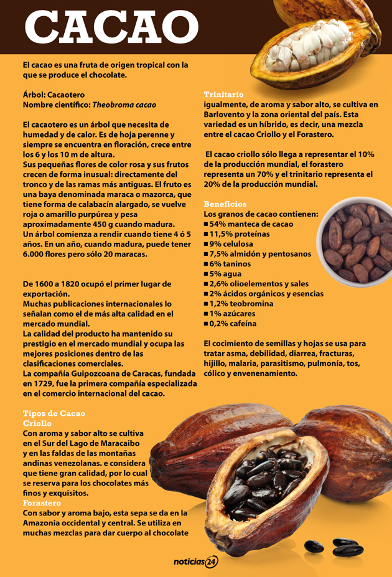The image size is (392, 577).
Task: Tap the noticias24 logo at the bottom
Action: click(195, 562)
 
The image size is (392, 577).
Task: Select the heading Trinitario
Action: click(223, 95)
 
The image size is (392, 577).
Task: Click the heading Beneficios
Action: click(225, 204)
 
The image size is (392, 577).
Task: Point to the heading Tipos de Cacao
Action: click(54, 413)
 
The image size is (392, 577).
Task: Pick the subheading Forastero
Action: click(42, 503)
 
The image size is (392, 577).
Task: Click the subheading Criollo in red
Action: click(37, 423)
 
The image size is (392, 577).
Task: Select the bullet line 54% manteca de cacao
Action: click(248, 224)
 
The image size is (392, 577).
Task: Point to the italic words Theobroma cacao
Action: click(124, 105)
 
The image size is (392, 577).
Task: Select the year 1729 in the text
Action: click(45, 383)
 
